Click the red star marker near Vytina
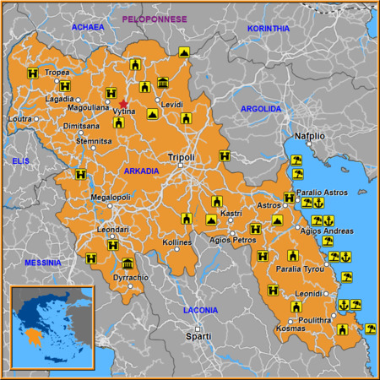point(124,104)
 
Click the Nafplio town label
point(309,135)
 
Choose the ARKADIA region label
point(141,171)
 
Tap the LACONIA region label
point(199,310)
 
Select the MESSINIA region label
point(42,263)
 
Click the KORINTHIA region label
point(269,28)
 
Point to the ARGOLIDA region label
point(261,109)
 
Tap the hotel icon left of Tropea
point(33,73)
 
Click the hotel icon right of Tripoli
point(224,156)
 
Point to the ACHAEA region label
point(88,27)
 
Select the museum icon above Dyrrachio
point(128,263)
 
